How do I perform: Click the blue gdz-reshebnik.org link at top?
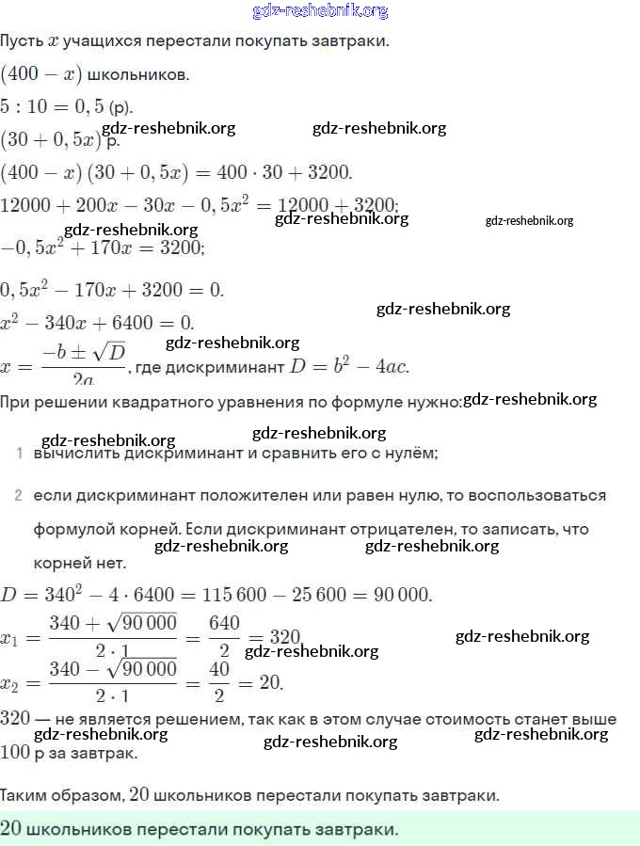320,11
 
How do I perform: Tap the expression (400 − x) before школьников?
40,73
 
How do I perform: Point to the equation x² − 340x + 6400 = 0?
98,321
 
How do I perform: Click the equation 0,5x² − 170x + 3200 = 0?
112,289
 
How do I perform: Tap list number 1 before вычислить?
19,454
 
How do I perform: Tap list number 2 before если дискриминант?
19,495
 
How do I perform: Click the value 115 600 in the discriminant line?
245,595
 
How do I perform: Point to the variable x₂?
10,683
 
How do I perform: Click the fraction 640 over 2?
224,637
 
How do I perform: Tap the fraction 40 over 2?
218,682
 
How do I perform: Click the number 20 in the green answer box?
12,828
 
